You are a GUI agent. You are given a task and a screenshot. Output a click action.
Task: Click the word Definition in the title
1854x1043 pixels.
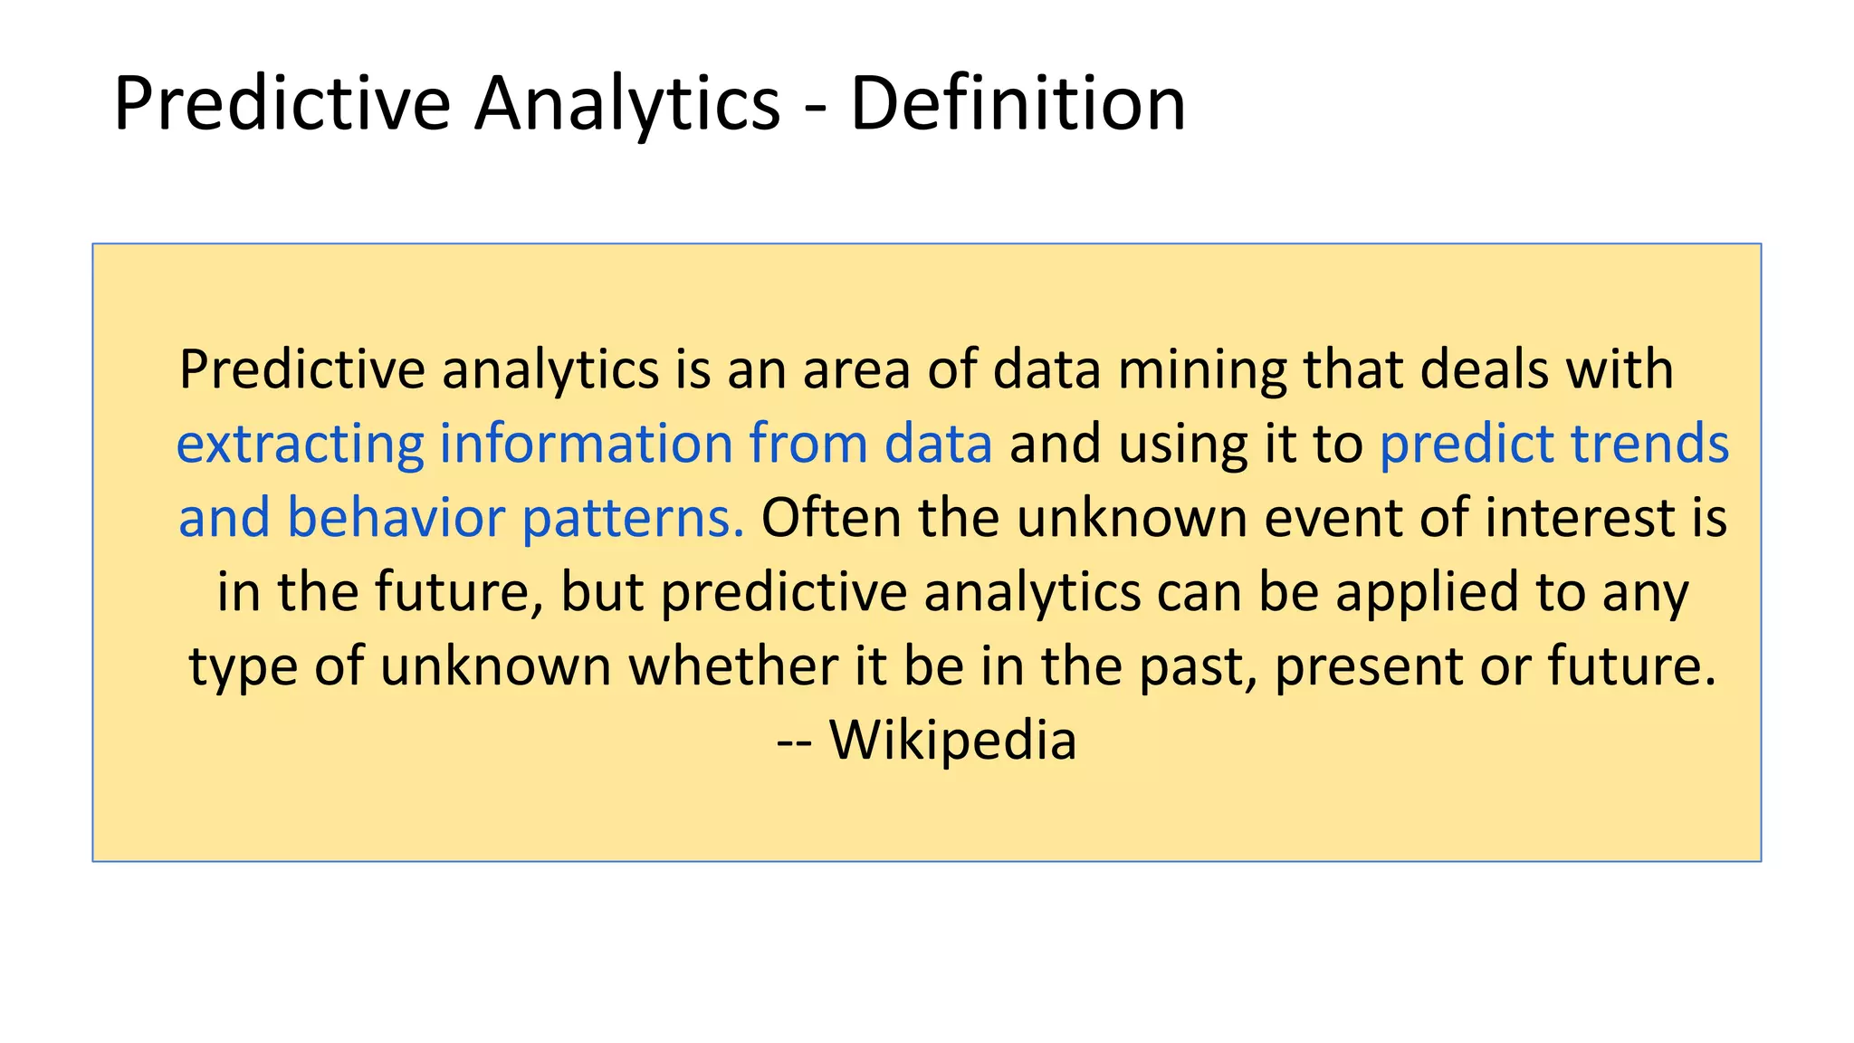(1018, 103)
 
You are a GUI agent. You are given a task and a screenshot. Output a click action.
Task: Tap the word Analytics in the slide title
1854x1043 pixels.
(626, 103)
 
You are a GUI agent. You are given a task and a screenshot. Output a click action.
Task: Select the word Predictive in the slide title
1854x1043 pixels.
(282, 103)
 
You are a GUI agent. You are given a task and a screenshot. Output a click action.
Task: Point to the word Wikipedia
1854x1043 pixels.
(953, 740)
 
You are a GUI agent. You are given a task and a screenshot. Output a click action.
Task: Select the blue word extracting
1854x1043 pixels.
(300, 444)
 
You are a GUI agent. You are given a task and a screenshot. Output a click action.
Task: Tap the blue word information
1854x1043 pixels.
(586, 444)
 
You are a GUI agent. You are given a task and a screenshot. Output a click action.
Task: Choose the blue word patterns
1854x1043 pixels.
(633, 520)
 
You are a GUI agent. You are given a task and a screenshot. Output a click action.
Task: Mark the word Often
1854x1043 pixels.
(831, 518)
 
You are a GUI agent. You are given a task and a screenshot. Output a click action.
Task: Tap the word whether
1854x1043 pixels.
(733, 666)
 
